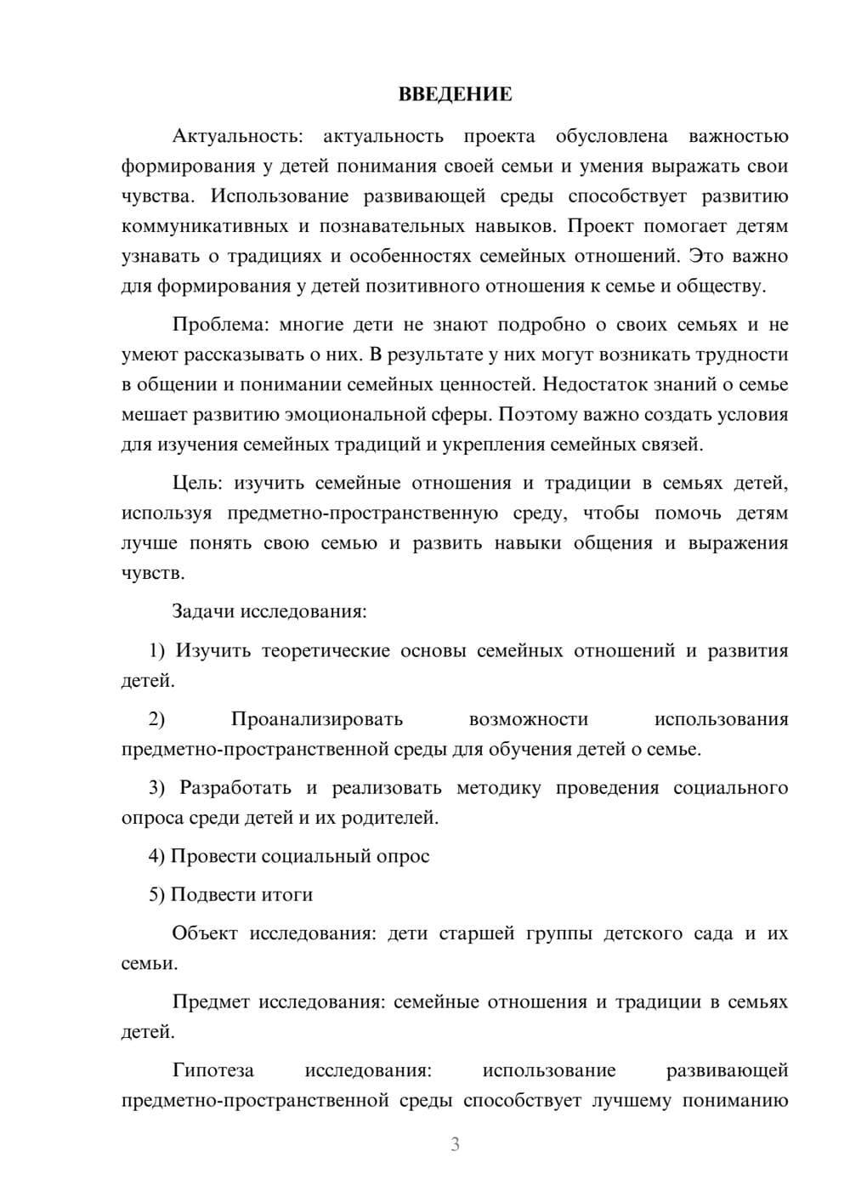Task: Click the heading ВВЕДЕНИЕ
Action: (x=455, y=94)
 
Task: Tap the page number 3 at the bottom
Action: (x=455, y=1144)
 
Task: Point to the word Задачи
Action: (x=203, y=611)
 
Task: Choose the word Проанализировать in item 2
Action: (x=316, y=719)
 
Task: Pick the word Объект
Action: (x=205, y=933)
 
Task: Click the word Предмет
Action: (x=211, y=1002)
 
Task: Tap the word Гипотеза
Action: (x=212, y=1070)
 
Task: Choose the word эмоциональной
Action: (x=354, y=415)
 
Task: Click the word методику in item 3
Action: (x=498, y=788)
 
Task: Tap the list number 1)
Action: (x=159, y=651)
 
